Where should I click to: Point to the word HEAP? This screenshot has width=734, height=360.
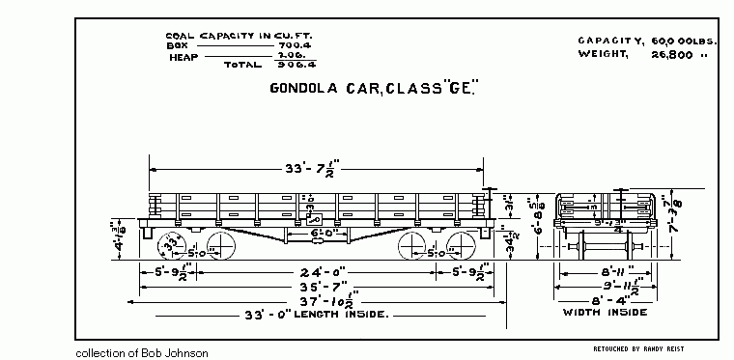pyautogui.click(x=183, y=56)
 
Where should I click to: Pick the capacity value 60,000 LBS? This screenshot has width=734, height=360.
pyautogui.click(x=671, y=40)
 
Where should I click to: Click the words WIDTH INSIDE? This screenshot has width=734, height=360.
pyautogui.click(x=606, y=313)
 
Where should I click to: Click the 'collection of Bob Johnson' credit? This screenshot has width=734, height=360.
pyautogui.click(x=141, y=353)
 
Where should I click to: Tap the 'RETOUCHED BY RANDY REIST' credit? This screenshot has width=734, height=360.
pyautogui.click(x=637, y=347)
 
